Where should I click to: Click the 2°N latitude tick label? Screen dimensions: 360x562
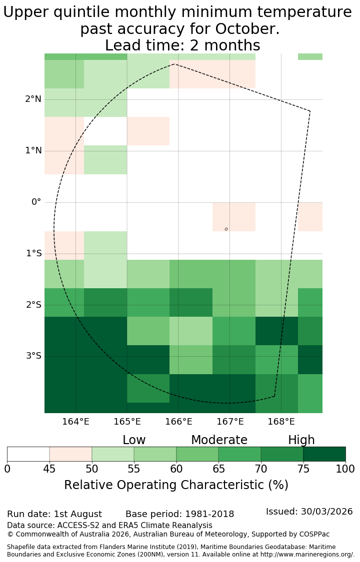coord(33,99)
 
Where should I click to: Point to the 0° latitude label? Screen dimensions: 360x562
coord(36,202)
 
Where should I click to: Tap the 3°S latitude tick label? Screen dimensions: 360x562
coord(33,356)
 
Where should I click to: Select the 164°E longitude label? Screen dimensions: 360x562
coord(75,422)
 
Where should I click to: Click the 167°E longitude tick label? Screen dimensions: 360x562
coord(230,422)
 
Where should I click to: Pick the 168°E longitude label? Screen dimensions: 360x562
coord(281,422)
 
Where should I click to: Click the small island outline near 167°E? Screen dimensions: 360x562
coord(226,229)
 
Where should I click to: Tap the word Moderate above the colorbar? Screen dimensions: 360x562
coord(219,440)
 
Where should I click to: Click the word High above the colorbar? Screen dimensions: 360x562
coord(301,440)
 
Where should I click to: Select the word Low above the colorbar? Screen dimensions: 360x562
coord(134,440)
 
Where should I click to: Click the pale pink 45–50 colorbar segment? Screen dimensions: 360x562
coord(70,454)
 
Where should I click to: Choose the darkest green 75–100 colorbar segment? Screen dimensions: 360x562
coord(324,454)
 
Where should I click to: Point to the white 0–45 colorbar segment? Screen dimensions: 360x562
coord(28,454)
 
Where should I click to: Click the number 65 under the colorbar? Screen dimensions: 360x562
coord(218,469)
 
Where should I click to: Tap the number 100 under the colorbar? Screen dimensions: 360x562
coord(345,469)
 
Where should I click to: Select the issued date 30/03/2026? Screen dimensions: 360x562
coord(326,512)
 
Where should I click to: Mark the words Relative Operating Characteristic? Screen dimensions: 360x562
coord(164,485)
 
